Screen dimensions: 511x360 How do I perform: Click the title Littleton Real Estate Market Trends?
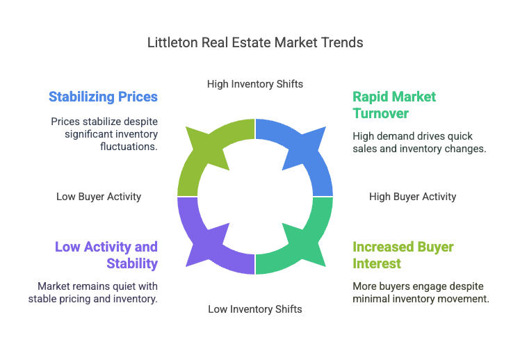coord(255,42)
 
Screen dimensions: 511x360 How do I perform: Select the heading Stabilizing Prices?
coord(103,97)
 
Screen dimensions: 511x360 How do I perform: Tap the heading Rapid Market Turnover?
coord(394,105)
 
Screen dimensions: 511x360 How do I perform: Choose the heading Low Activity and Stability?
coord(106,255)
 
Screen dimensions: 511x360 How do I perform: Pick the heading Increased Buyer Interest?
coord(403,255)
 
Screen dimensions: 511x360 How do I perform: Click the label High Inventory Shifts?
coord(255,84)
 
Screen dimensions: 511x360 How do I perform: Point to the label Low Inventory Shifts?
coord(255,309)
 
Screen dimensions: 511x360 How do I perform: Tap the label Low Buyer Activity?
coord(99,197)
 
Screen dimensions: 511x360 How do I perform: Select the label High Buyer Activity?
coord(412,197)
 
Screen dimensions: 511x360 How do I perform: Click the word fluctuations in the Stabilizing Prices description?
coord(129,147)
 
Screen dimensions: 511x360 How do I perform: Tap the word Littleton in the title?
coord(172,42)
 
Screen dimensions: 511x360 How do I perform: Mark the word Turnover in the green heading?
coord(380,113)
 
